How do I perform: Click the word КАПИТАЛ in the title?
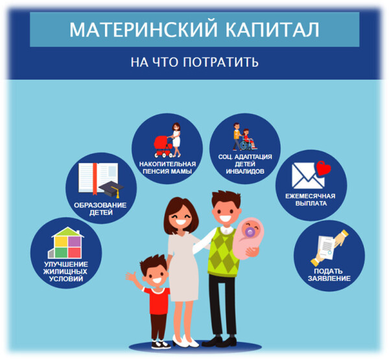point(272,30)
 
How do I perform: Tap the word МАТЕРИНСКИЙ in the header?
point(144,30)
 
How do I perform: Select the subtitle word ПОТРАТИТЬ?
point(221,62)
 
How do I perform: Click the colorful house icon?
point(66,243)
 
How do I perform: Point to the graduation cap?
point(112,189)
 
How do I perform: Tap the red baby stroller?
point(163,147)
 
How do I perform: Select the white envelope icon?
point(307,176)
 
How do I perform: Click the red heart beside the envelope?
point(323,169)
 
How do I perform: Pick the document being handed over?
point(326,247)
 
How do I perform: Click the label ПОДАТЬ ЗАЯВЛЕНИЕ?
point(329,274)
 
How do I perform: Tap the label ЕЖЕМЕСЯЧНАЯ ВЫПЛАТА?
point(311,200)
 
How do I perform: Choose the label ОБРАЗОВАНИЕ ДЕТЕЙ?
point(100,209)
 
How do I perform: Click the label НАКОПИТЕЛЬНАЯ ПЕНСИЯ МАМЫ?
point(167,167)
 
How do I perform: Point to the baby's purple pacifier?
point(250,232)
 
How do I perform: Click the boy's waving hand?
point(131,276)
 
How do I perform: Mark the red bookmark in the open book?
point(95,178)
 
